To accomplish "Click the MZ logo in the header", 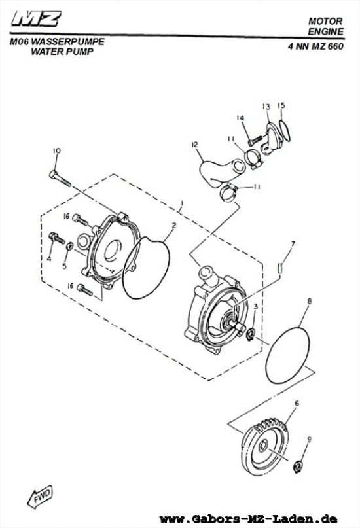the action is coord(36,19).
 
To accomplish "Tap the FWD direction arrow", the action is coord(40,497).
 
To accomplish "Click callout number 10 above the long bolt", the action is coord(56,151).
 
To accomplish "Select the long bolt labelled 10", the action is coord(60,179).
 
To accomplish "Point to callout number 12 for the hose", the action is coord(194,145).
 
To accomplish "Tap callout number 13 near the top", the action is coord(266,107).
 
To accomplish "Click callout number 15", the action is coord(281,105).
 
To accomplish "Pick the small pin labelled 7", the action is coord(279,268).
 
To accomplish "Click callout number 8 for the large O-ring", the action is coord(309,301).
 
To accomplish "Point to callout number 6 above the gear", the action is coord(297,403).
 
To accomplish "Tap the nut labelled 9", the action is coord(298,467).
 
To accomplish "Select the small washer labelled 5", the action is coord(70,245).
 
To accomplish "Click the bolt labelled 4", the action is coord(57,238).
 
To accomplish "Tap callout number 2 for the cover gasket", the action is coord(173,225).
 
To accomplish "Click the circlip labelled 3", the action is coord(251,335).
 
